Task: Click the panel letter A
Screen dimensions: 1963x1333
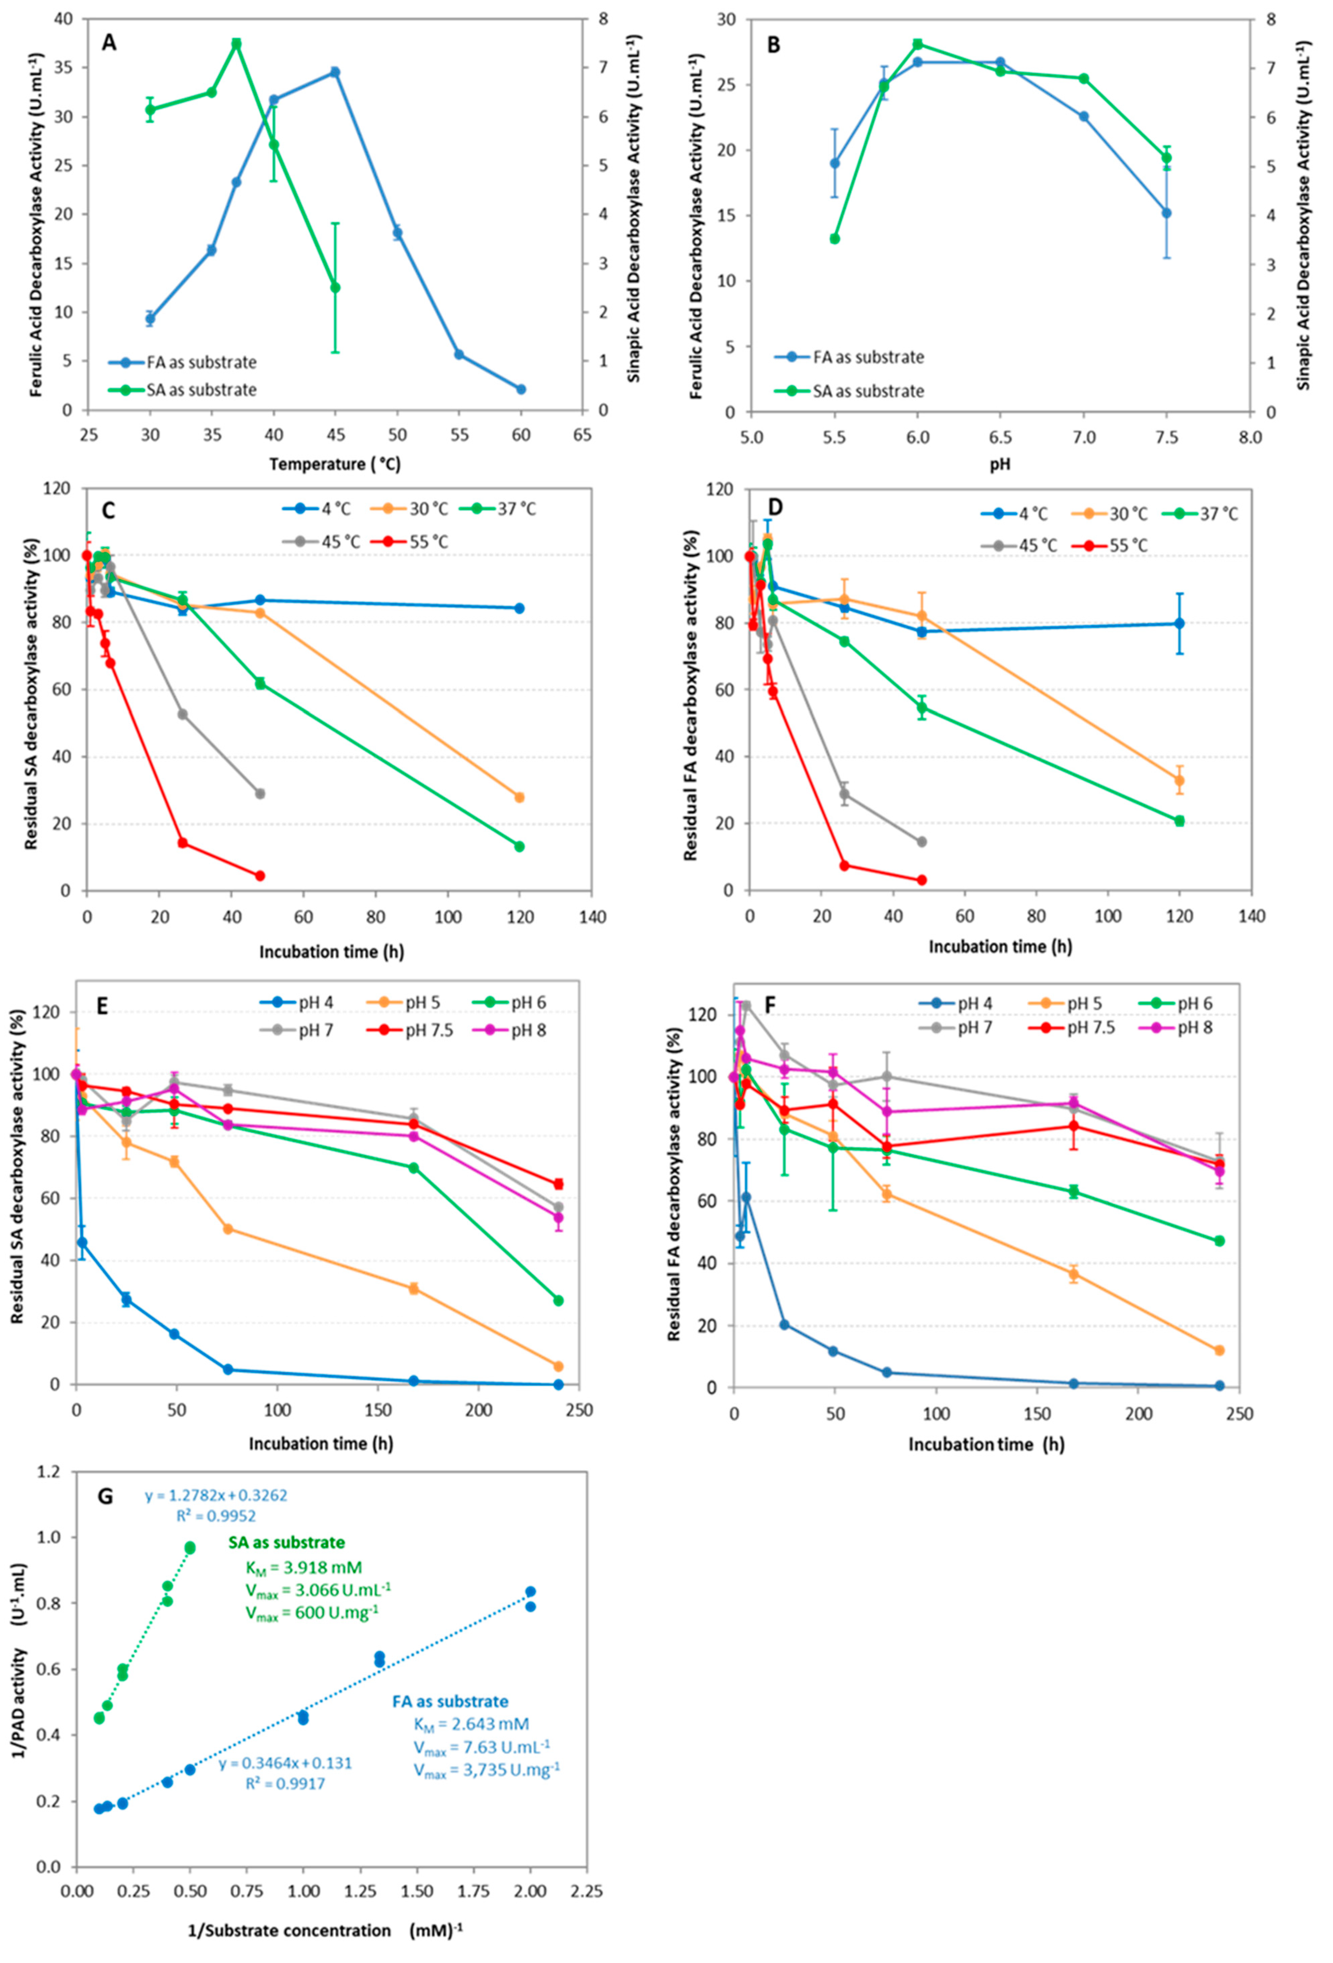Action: (109, 42)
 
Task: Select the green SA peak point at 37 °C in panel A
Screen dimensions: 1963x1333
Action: (236, 43)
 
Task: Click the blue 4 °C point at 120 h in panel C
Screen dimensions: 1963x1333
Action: (519, 608)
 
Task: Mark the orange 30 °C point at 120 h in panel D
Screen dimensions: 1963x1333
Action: (1179, 780)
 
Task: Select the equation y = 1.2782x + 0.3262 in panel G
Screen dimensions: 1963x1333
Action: (216, 1471)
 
